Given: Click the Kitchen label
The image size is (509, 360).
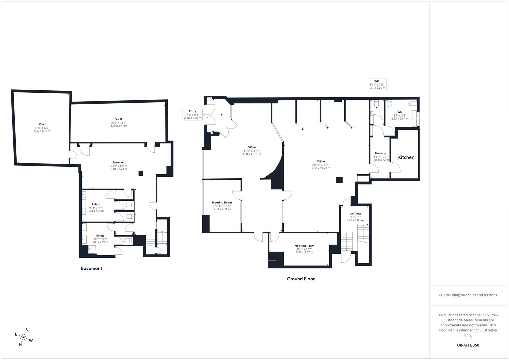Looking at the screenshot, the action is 406,157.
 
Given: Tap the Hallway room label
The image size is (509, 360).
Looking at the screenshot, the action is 380,156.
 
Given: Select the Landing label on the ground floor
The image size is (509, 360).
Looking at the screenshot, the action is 355,217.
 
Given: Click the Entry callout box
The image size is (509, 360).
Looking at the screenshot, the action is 192,115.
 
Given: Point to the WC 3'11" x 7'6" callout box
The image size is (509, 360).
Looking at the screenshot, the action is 377,84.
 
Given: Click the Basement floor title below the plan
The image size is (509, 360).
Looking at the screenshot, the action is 91,268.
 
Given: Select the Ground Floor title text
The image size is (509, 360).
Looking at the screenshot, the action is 301,279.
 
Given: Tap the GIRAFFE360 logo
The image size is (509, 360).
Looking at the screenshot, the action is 468,345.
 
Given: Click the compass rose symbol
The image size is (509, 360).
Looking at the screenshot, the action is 23,337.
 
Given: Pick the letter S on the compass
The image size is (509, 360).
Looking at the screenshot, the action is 27,330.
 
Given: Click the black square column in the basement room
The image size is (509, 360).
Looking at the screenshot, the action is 141,173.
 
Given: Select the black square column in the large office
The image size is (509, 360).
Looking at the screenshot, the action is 339,180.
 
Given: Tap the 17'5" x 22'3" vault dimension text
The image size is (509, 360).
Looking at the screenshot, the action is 42,128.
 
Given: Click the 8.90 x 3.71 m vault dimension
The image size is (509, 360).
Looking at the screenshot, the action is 118,126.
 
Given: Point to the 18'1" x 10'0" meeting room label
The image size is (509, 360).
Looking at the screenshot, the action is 304,249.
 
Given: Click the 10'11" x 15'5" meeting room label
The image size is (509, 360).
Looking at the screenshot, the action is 222,206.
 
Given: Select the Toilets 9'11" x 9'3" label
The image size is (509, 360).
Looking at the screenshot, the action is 96,208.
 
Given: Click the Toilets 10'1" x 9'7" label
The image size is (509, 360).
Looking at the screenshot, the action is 100,239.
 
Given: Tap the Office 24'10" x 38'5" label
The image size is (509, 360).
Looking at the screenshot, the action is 321,165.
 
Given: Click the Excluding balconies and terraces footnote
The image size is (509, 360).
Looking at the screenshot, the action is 468,295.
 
